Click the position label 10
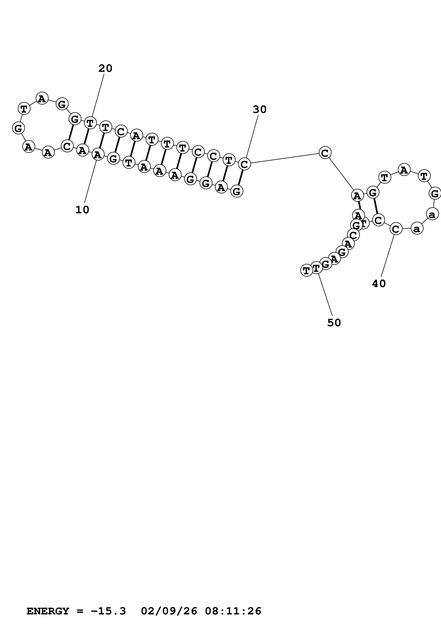coord(82,210)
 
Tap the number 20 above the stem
coord(105,68)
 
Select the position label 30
coord(260,110)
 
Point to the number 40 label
coord(379,284)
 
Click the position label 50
coord(334,323)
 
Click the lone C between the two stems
coord(325,153)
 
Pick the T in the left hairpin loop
coord(24,109)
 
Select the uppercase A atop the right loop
coord(404,170)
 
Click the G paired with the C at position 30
coord(237,192)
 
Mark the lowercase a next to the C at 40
coord(417,228)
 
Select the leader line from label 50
coord(325,295)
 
